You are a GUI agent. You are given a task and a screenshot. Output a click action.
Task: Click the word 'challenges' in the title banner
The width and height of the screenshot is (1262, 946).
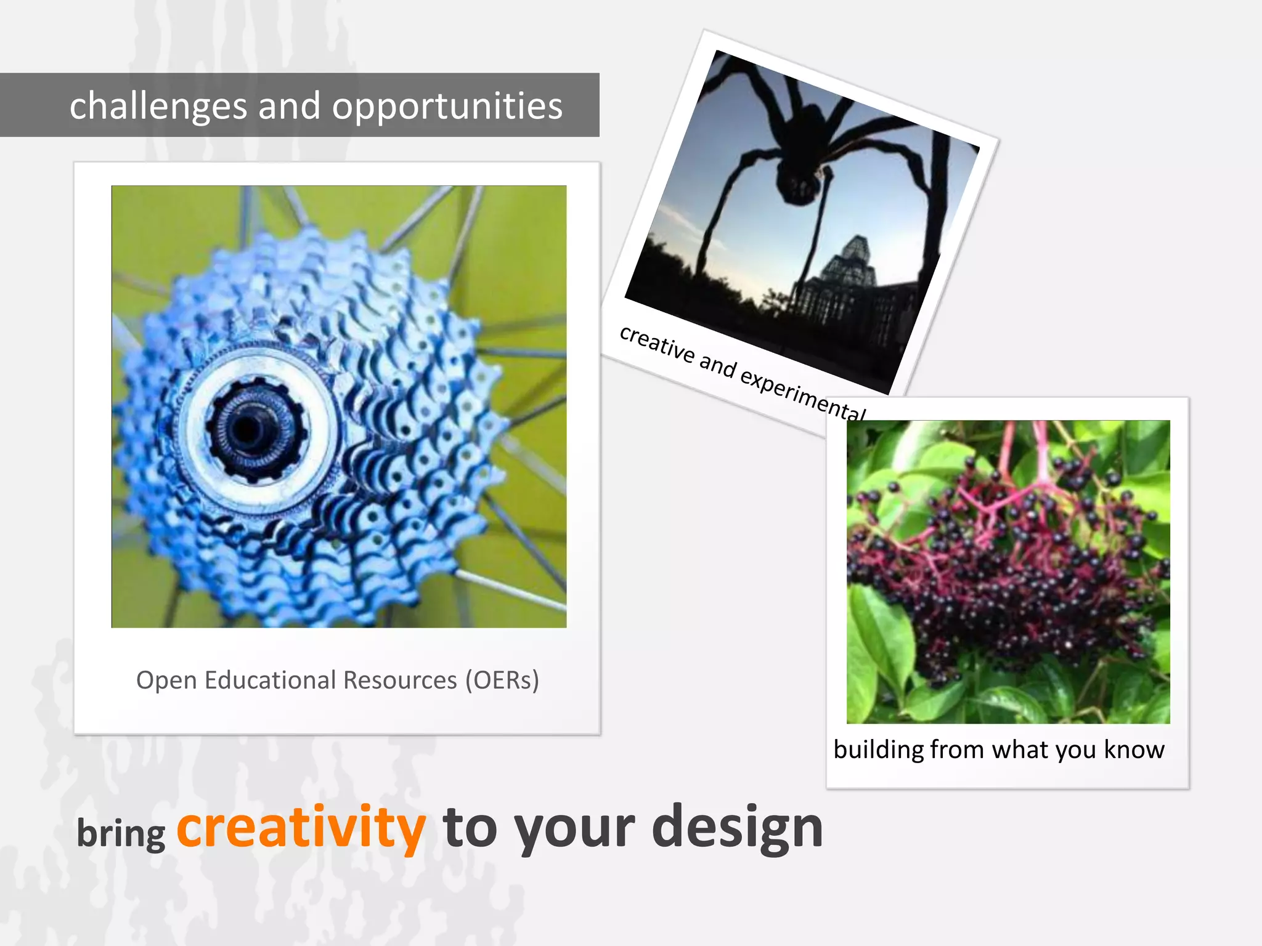(x=158, y=106)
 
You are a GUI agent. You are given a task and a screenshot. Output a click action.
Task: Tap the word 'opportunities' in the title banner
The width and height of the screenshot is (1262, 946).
(x=447, y=106)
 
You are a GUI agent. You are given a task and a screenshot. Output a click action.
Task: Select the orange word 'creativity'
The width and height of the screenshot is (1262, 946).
(x=301, y=827)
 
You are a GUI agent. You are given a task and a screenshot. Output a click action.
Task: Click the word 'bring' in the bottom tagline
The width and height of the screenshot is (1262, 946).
(x=121, y=834)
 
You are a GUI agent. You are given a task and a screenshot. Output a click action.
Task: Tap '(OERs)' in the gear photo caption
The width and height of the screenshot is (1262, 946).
(x=502, y=680)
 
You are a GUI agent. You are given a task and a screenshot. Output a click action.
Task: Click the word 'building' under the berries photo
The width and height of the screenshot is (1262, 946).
(x=879, y=750)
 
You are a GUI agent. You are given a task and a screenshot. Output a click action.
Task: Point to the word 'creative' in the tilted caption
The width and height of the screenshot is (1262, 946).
(x=657, y=344)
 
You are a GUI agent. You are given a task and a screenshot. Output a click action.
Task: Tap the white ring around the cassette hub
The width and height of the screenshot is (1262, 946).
(x=320, y=425)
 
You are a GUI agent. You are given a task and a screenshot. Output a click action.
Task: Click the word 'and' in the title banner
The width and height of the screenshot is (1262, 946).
(x=290, y=106)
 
